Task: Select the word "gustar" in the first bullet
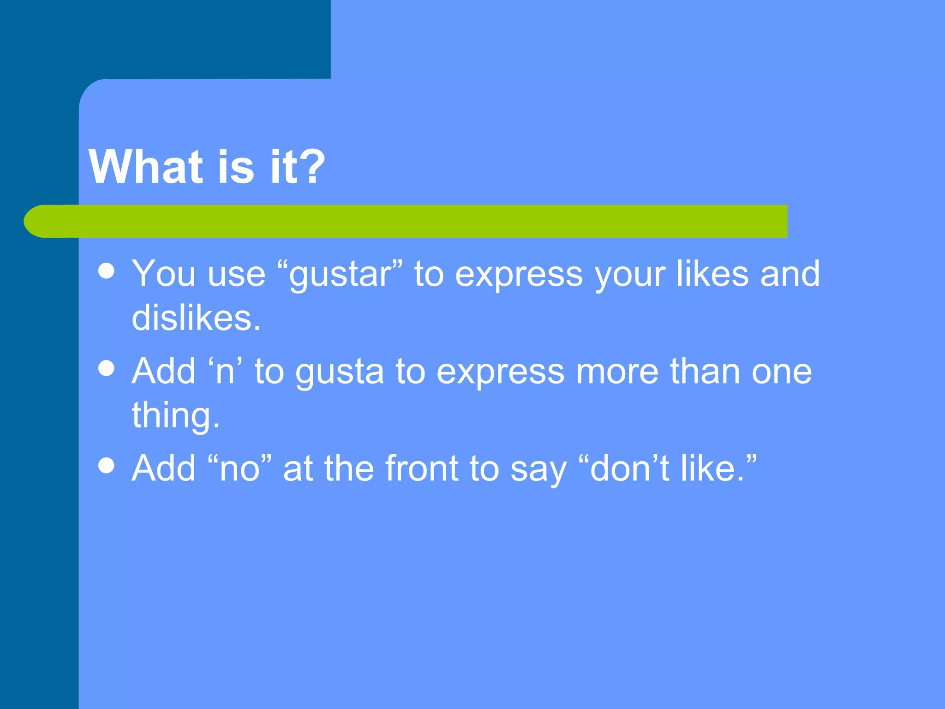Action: click(x=345, y=274)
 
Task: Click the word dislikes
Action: click(x=196, y=318)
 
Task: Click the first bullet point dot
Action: click(x=107, y=271)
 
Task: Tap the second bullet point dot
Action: click(x=107, y=368)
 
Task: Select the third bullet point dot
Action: click(x=107, y=465)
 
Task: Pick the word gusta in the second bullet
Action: click(x=340, y=372)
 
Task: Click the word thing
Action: click(x=175, y=415)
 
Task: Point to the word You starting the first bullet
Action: click(x=164, y=273)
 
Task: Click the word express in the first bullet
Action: click(x=519, y=274)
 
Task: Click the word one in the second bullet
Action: click(x=782, y=372)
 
